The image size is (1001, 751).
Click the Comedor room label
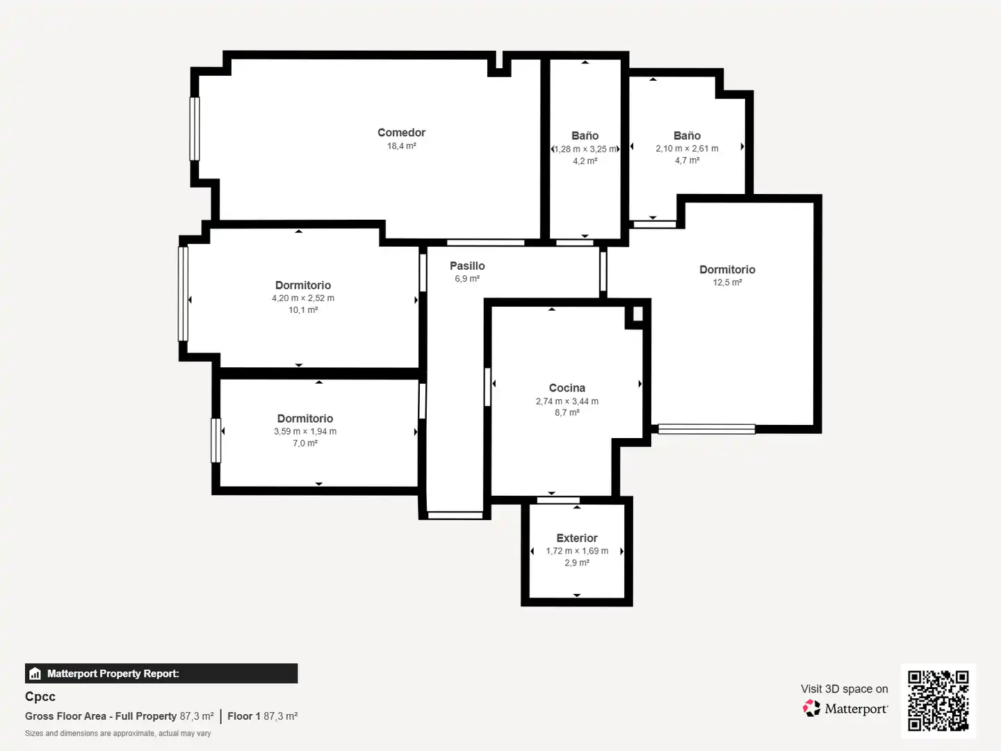point(401,133)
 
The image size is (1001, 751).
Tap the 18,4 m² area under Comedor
point(401,146)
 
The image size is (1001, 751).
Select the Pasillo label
point(467,266)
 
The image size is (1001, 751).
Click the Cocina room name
point(567,388)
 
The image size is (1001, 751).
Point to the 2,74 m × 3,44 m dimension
point(567,401)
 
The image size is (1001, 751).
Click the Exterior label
point(577,538)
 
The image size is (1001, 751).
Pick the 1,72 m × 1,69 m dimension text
point(577,551)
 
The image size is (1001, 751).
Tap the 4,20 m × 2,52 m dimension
point(303,298)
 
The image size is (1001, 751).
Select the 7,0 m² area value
point(305,443)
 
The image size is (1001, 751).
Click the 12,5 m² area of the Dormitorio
point(727,282)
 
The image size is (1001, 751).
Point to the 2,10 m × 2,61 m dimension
point(687,149)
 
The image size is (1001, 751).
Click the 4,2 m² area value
point(585,161)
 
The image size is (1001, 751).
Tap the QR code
point(938,700)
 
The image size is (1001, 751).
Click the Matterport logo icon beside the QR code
point(811,708)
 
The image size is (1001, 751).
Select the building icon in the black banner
point(35,674)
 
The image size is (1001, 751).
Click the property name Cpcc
point(40,697)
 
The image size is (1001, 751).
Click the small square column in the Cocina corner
point(638,314)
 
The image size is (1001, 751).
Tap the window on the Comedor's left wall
point(195,129)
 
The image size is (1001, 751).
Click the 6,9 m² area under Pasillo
point(467,279)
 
